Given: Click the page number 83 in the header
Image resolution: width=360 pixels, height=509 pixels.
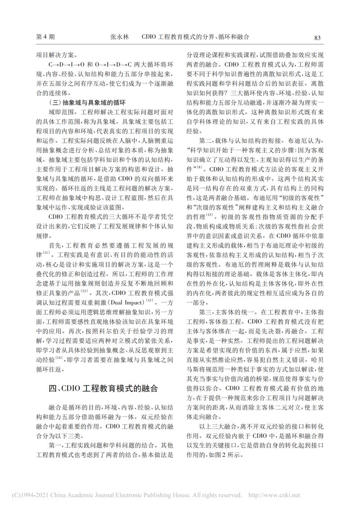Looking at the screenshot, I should (317, 37).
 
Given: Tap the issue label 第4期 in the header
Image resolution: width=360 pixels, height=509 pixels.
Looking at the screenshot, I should (45, 37).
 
